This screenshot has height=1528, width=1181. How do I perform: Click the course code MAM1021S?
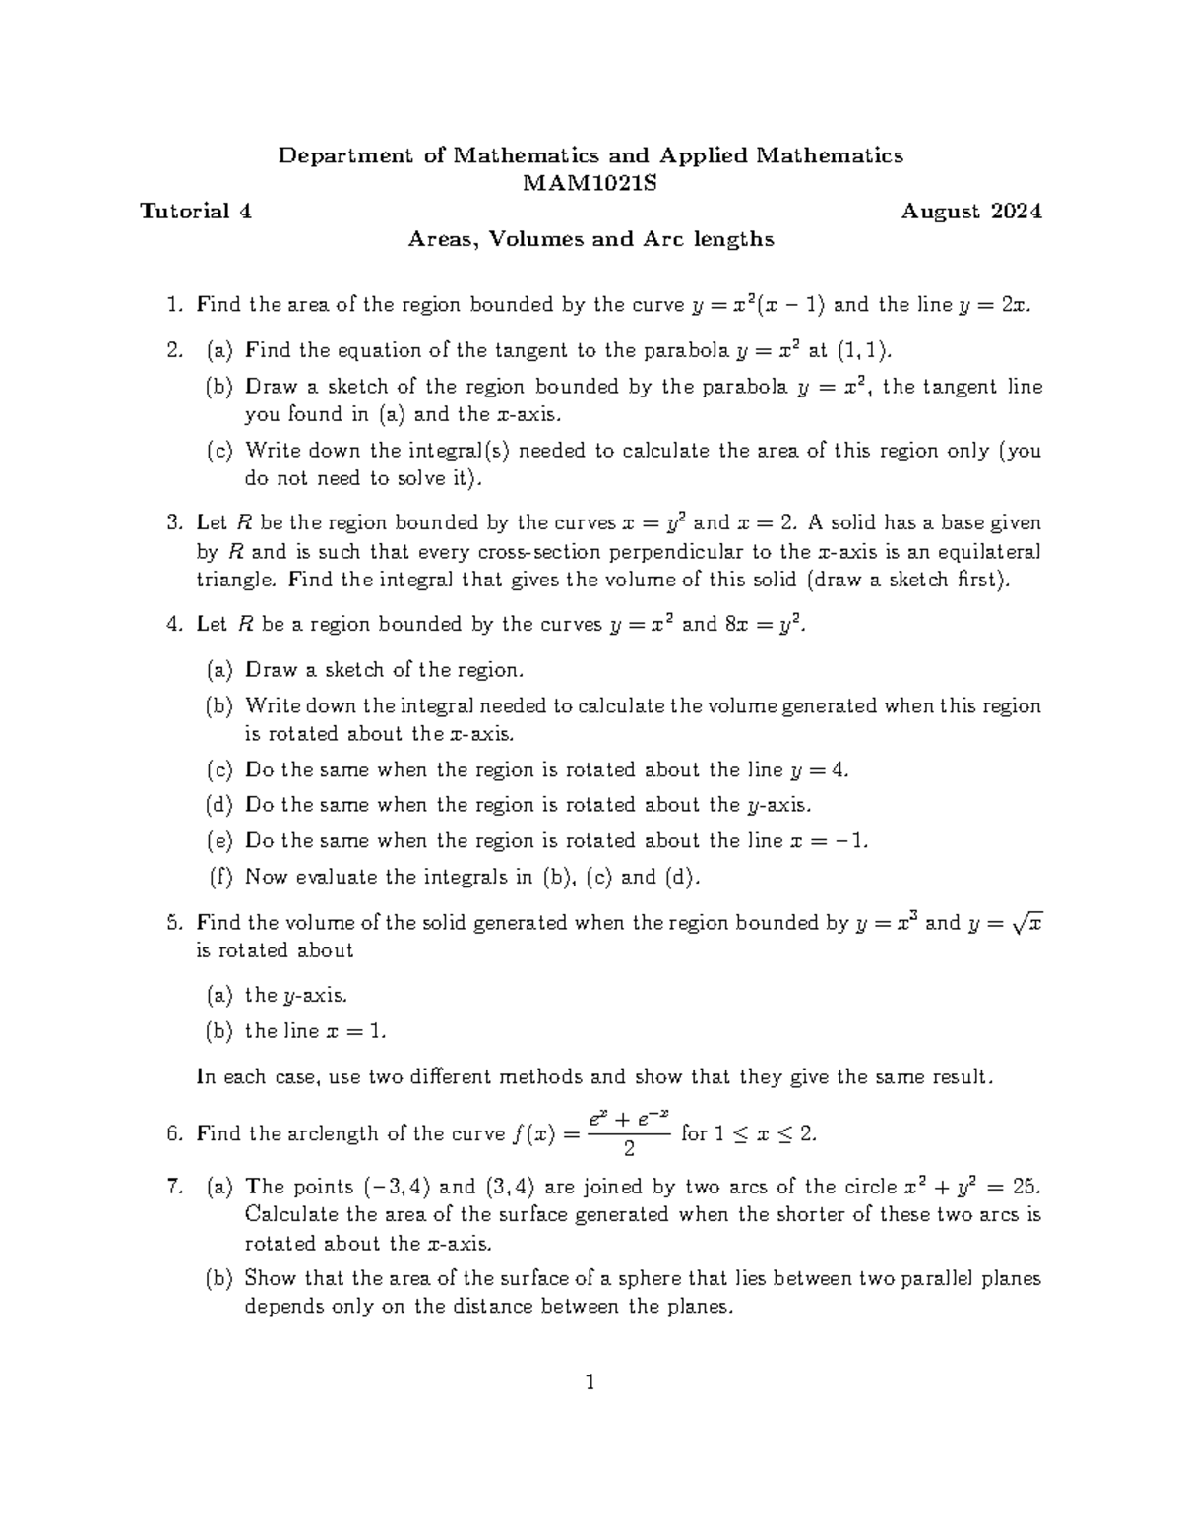pyautogui.click(x=590, y=183)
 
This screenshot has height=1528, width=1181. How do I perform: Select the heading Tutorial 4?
pyautogui.click(x=196, y=212)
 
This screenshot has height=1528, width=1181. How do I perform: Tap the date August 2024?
pyautogui.click(x=971, y=212)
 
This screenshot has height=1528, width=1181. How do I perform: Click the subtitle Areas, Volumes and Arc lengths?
pyautogui.click(x=590, y=239)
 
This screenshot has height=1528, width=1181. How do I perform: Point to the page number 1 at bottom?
pyautogui.click(x=590, y=1383)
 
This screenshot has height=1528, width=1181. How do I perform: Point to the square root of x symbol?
pyautogui.click(x=1027, y=923)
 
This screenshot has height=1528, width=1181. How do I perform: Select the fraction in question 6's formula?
pyautogui.click(x=629, y=1133)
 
